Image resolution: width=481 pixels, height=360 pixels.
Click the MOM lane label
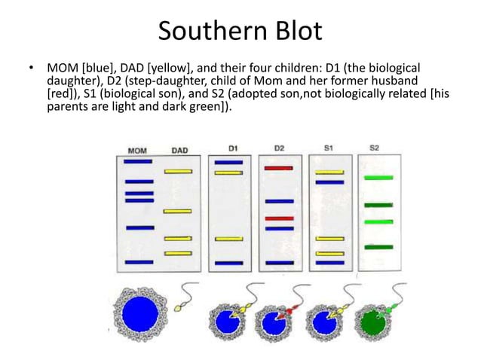138,150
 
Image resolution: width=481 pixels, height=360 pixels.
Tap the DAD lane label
179,150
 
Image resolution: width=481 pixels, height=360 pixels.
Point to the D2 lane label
279,148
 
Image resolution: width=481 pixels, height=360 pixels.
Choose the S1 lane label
329,148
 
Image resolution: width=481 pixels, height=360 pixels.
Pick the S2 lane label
375,148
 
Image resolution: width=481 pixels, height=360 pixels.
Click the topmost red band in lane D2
278,168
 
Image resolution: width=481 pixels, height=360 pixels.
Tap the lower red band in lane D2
278,218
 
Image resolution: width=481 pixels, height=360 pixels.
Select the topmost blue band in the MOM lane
138,161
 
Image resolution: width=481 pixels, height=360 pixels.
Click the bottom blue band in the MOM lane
139,262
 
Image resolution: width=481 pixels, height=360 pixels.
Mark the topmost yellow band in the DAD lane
178,172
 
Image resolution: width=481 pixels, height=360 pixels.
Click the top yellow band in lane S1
329,172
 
